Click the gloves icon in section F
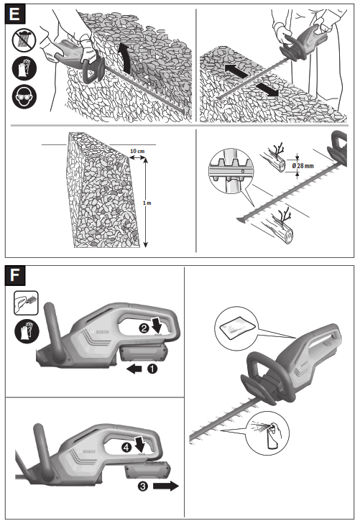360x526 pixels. point(25,332)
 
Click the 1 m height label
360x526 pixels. point(147,203)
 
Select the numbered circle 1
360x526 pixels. point(152,369)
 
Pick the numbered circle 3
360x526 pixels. point(143,486)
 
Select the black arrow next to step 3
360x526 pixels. point(166,486)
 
